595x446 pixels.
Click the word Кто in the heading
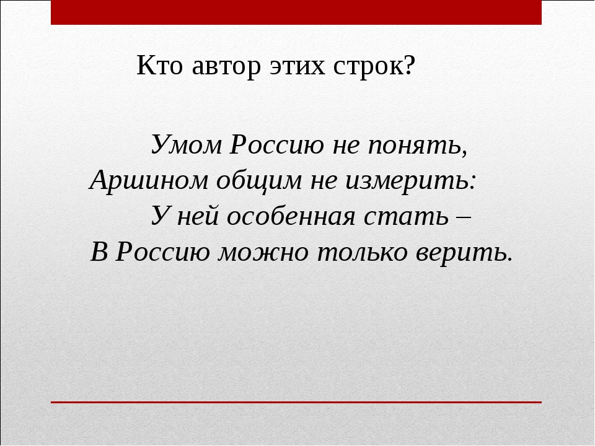click(159, 66)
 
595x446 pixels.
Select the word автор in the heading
click(227, 68)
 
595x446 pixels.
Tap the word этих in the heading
click(297, 67)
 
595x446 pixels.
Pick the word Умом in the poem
click(187, 144)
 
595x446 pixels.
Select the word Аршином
click(149, 180)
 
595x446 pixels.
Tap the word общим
click(259, 180)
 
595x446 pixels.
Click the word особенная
click(291, 216)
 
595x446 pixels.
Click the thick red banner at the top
click(296, 12)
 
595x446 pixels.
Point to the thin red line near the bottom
click(296, 402)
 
